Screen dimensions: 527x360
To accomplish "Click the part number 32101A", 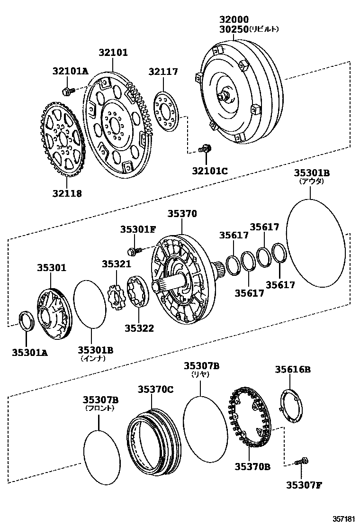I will pyautogui.click(x=70, y=71).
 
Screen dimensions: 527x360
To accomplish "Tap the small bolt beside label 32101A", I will pyautogui.click(x=67, y=90).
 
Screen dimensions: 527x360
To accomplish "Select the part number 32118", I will pyautogui.click(x=67, y=193).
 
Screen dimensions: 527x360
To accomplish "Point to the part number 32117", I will pyautogui.click(x=163, y=72).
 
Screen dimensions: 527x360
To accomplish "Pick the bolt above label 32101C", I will pyautogui.click(x=205, y=149).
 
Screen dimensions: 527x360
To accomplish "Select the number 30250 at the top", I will pyautogui.click(x=234, y=29).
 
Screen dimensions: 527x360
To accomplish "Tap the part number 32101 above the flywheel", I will pyautogui.click(x=113, y=53).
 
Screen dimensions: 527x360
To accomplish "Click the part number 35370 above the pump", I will pyautogui.click(x=181, y=214).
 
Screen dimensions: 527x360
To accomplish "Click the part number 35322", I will pyautogui.click(x=139, y=327).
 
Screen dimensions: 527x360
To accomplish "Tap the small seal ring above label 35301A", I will pyautogui.click(x=26, y=322).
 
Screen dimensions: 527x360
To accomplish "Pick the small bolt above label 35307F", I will pyautogui.click(x=301, y=461).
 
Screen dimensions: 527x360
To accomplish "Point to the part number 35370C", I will pyautogui.click(x=156, y=389).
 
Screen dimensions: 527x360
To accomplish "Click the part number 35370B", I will pyautogui.click(x=252, y=466).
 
